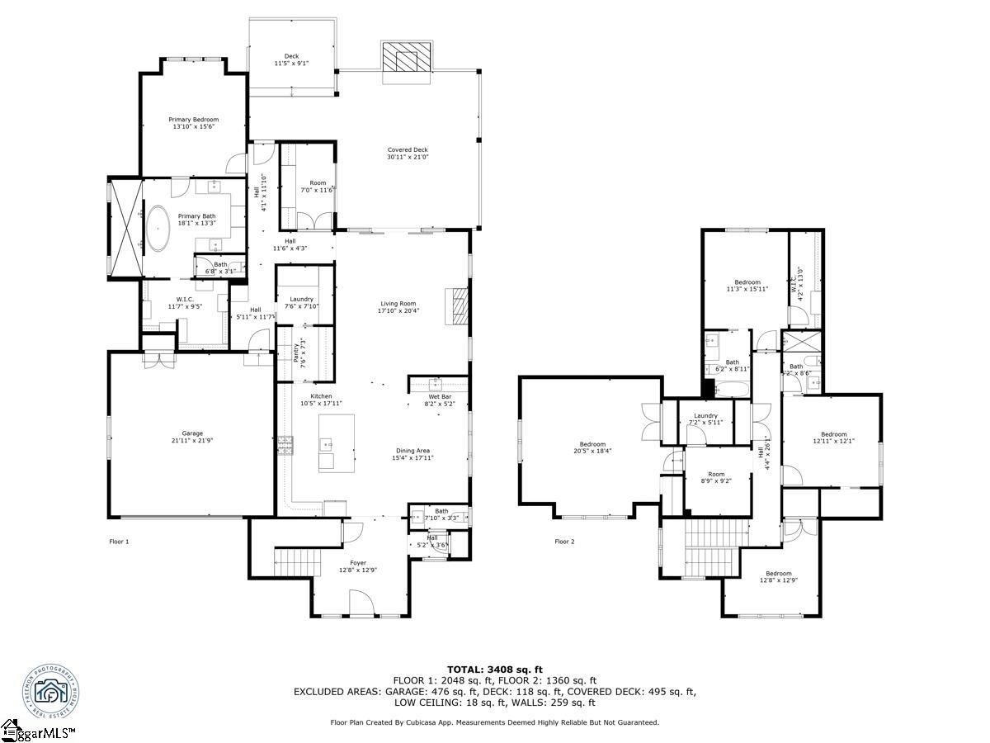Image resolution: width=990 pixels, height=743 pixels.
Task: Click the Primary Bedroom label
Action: point(194,120)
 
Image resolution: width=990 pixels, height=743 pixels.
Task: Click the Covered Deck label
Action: point(408,150)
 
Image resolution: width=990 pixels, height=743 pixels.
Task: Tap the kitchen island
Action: point(337,443)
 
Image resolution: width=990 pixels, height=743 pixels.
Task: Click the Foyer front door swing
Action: point(361,603)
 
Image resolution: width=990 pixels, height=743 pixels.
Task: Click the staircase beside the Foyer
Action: point(290,562)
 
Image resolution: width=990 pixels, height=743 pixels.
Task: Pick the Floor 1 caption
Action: point(120,542)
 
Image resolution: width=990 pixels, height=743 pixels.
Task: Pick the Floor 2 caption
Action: point(564,542)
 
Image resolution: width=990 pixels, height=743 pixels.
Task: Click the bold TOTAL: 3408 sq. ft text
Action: point(495,669)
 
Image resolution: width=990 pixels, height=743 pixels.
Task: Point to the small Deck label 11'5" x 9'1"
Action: point(291,59)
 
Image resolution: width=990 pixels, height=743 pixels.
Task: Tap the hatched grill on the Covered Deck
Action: point(406,61)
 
